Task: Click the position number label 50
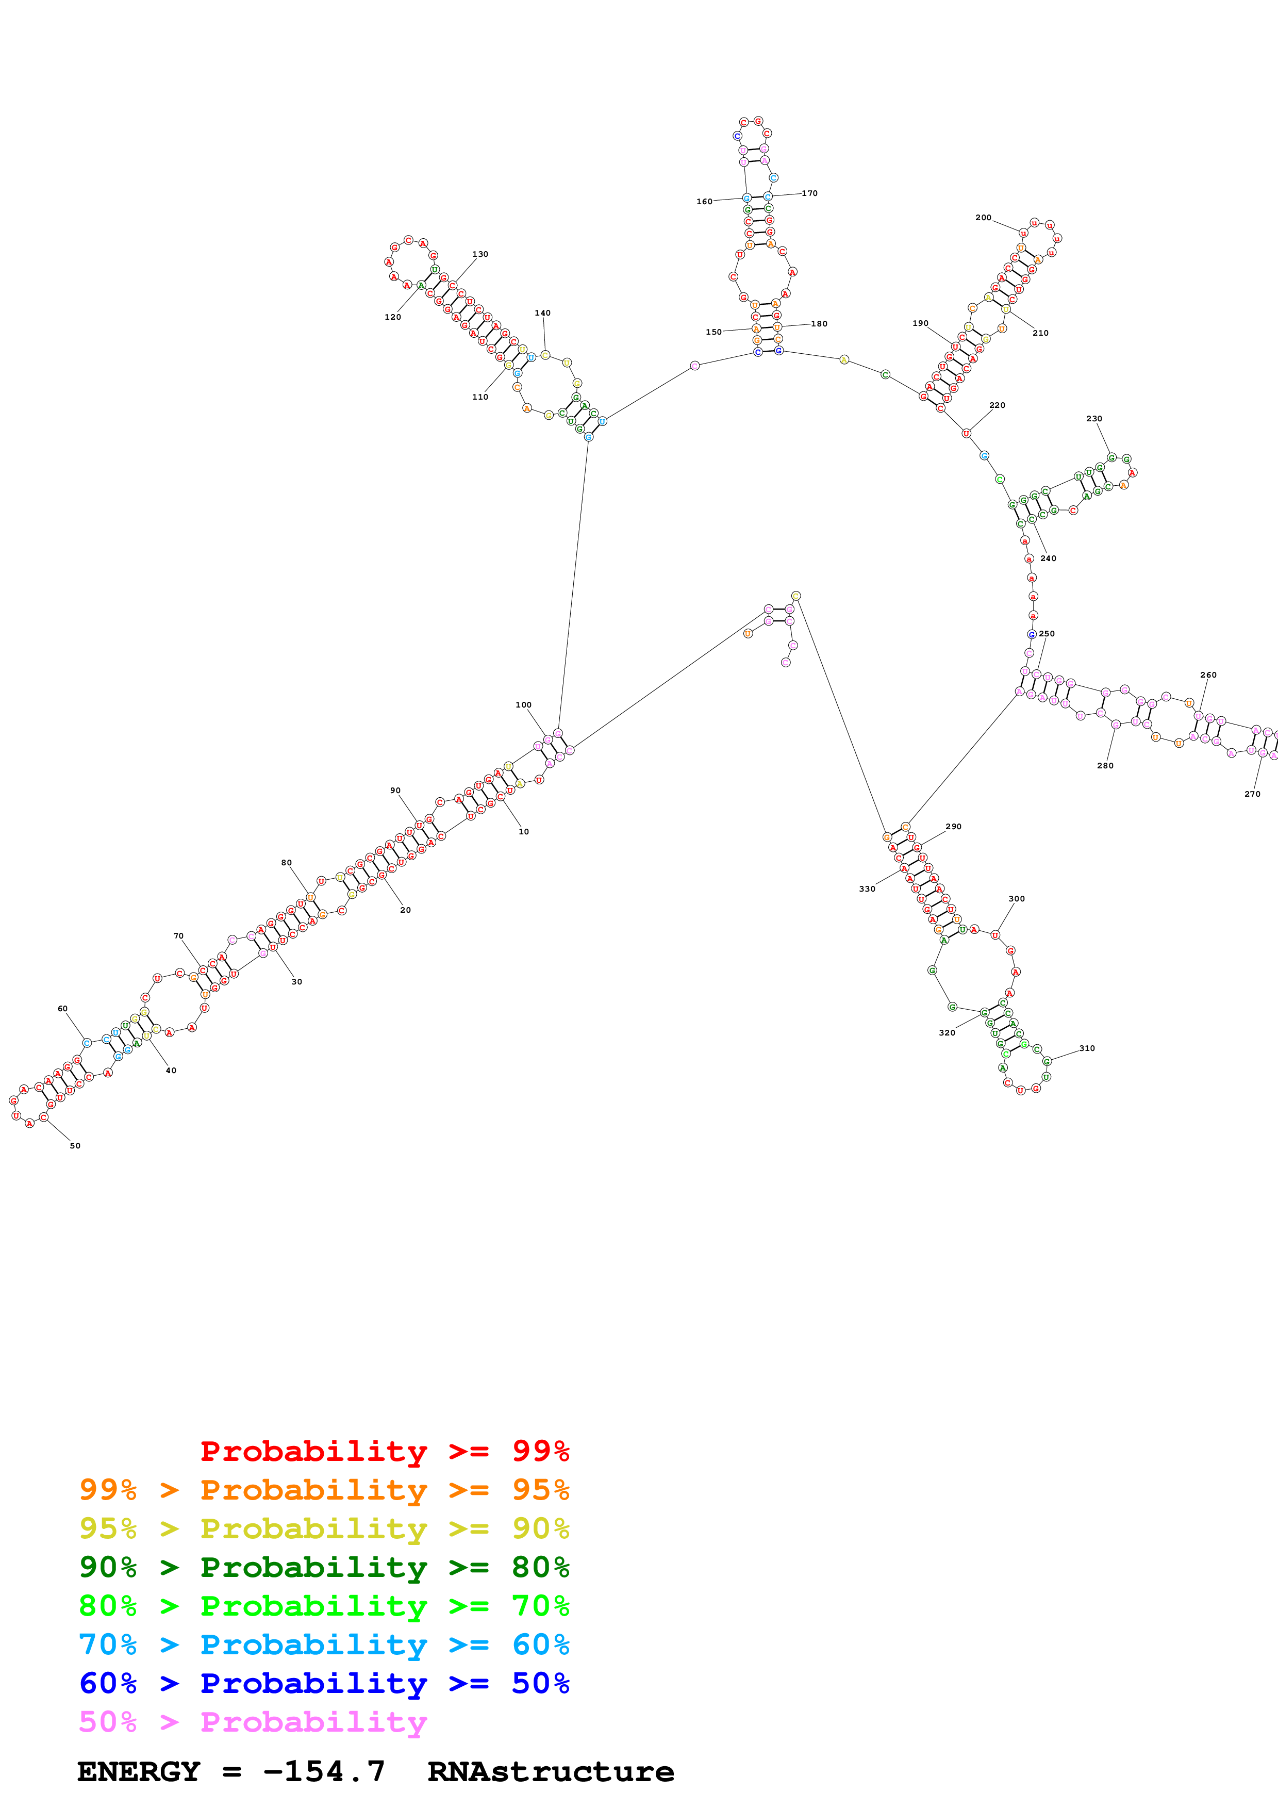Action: click(x=75, y=1146)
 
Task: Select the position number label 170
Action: click(x=809, y=193)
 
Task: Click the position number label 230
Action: click(x=1094, y=418)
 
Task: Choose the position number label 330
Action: click(x=867, y=889)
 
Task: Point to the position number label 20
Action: click(x=406, y=910)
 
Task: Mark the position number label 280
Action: click(x=1105, y=765)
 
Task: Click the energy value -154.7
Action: click(x=324, y=1772)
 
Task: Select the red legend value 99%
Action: click(x=540, y=1451)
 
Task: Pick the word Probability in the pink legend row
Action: click(x=313, y=1722)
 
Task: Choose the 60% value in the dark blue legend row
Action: click(x=108, y=1684)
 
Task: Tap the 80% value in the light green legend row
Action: click(x=108, y=1606)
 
